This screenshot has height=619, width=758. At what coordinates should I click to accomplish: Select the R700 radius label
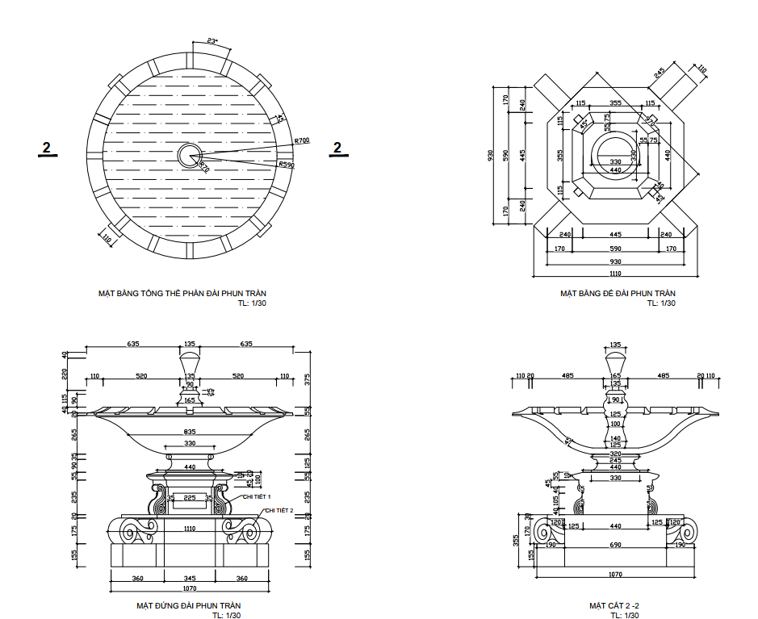pos(302,140)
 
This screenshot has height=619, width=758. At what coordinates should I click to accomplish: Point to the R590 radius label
pos(287,165)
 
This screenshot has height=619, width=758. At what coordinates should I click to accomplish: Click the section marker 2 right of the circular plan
pos(337,147)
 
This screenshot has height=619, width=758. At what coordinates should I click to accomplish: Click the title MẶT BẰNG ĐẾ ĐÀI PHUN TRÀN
pos(618,294)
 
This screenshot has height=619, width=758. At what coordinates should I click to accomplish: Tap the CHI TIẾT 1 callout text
pos(257,497)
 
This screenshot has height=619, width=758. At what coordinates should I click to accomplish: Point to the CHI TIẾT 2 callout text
pos(278,510)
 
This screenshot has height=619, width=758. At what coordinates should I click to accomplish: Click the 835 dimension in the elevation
pos(189,432)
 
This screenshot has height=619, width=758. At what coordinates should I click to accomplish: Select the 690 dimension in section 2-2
pos(615,546)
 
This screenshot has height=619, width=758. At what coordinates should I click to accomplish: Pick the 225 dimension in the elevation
pos(190,498)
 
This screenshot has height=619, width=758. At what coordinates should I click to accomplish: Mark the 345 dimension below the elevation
pos(190,579)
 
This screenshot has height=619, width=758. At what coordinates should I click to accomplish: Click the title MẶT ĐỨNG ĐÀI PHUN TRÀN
pos(189,605)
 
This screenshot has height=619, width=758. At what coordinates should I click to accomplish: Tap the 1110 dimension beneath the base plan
pos(616,274)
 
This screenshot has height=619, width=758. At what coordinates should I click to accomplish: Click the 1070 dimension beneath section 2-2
pos(615,574)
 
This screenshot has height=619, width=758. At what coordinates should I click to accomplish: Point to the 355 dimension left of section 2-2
pos(516,539)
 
